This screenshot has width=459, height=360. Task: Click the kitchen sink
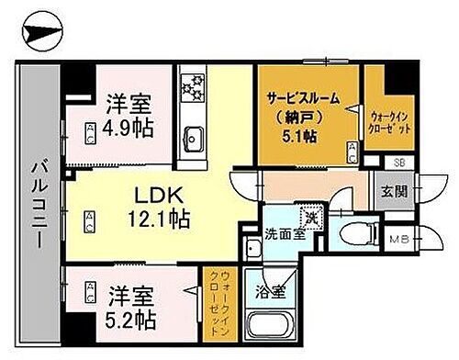[x=195, y=140]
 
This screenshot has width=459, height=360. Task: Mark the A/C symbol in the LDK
[x=90, y=219]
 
